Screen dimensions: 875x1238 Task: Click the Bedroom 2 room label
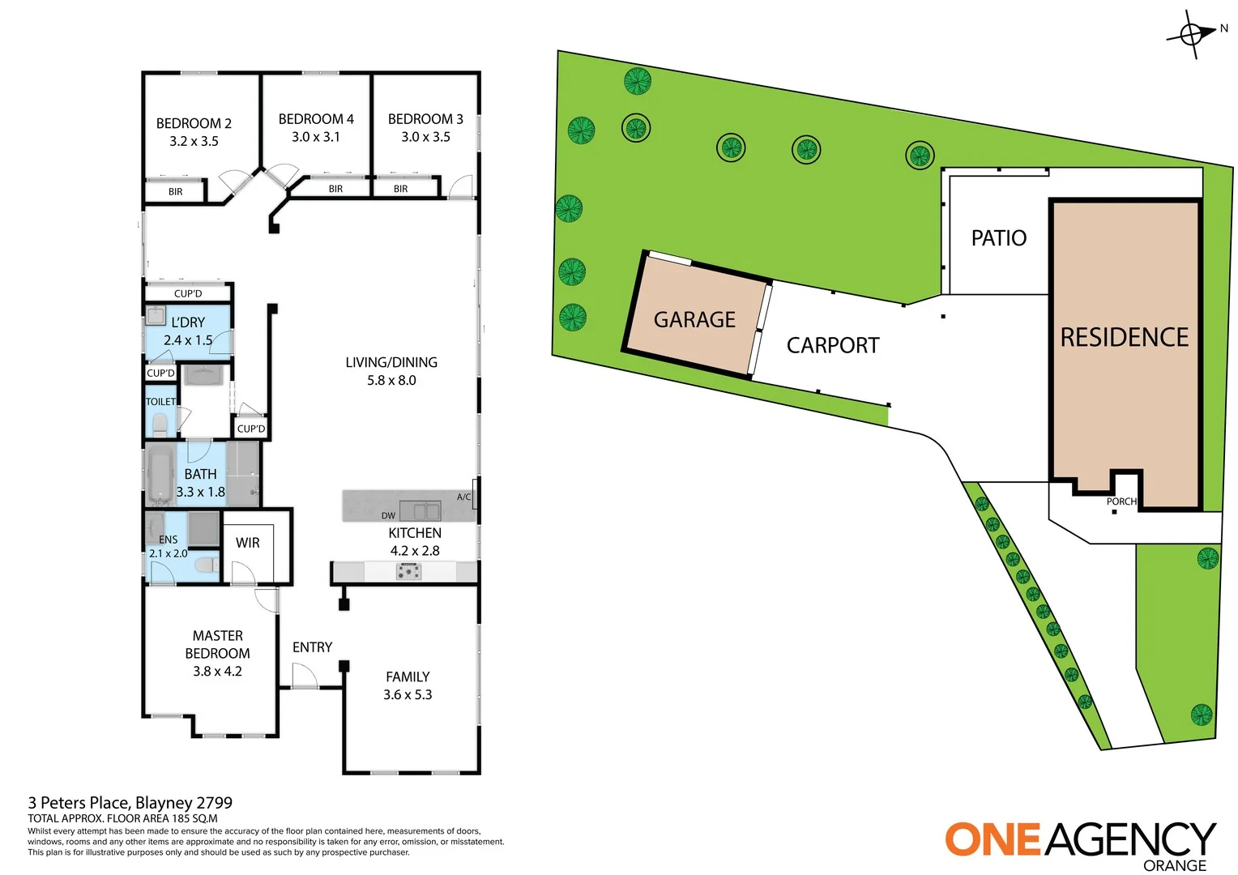coord(194,123)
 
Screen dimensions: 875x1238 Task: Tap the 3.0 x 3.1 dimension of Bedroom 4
coord(316,137)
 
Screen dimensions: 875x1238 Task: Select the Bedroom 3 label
coord(425,119)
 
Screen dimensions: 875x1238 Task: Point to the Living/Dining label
coord(391,362)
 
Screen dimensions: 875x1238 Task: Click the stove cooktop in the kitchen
coord(408,572)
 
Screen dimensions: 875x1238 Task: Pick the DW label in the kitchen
coord(389,515)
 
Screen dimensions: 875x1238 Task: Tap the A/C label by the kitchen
coord(463,497)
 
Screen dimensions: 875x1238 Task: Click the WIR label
coord(248,543)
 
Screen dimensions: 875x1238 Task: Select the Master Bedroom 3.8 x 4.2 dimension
coord(217,671)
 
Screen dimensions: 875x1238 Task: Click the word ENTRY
coord(312,647)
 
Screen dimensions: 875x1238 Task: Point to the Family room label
coord(408,677)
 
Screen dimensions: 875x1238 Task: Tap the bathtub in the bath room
coord(160,474)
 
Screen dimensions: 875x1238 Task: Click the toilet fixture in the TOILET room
coord(160,425)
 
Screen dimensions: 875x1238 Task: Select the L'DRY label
coord(188,322)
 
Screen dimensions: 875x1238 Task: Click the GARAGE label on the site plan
coord(694,320)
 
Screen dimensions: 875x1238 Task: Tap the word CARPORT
coord(833,346)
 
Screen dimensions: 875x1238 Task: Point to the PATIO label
coord(999,238)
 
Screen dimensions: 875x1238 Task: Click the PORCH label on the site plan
coord(1121,502)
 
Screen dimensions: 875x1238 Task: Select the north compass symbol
coord(1192,34)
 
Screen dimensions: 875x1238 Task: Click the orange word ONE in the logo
coord(993,839)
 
